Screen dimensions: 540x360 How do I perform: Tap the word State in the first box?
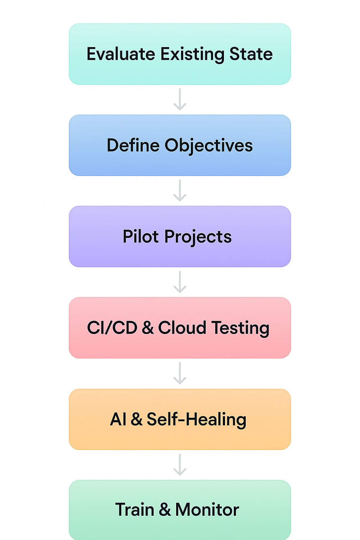pos(251,54)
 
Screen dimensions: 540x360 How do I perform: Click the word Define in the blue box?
pos(133,145)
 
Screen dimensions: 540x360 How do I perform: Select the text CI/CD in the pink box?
pos(112,328)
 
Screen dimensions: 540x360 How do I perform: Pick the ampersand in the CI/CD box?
pos(148,328)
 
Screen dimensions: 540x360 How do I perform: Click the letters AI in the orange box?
pos(118,419)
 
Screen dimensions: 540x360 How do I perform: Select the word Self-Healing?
pos(196,419)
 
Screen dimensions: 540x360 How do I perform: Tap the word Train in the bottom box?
pos(134,509)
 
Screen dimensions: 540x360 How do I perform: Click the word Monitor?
pos(207,509)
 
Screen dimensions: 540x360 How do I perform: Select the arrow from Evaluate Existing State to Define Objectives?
pos(180,99)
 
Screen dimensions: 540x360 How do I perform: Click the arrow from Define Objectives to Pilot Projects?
pos(180,191)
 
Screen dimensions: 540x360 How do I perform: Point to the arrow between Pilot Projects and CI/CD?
pos(180,282)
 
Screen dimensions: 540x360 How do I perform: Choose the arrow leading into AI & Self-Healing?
pos(180,373)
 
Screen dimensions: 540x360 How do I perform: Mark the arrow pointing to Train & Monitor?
pos(180,465)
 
